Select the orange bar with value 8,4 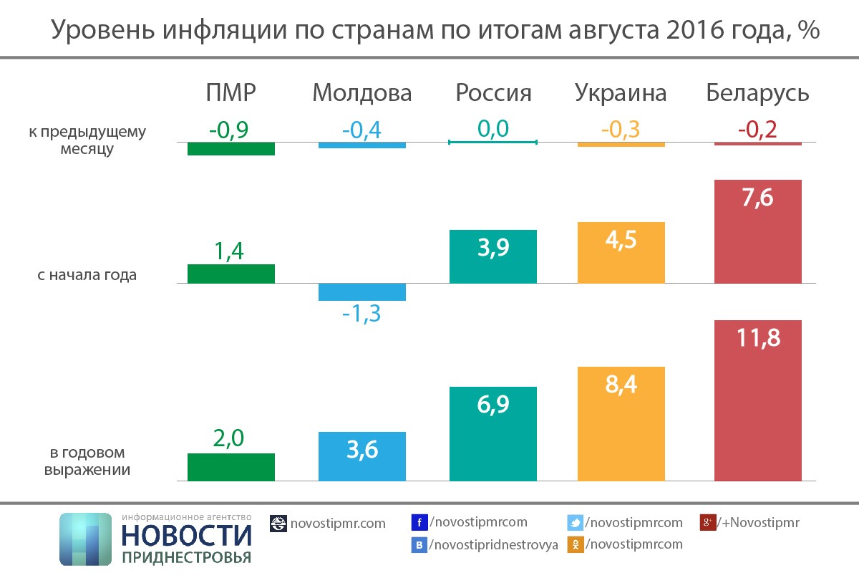(x=621, y=423)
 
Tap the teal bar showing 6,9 (x=492, y=433)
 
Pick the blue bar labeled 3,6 (x=361, y=456)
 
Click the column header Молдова (x=362, y=93)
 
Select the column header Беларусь (x=757, y=93)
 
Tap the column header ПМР (x=230, y=93)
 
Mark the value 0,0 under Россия (x=492, y=129)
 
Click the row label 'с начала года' (x=87, y=274)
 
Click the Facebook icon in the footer (x=419, y=523)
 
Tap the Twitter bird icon (x=576, y=523)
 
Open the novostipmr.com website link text (x=337, y=524)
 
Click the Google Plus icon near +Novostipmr (x=707, y=523)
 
